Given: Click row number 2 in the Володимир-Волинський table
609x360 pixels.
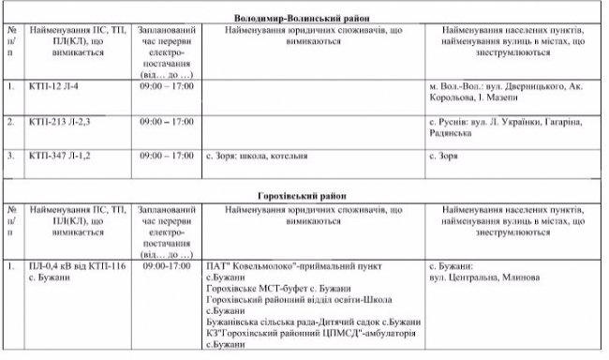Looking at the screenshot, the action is point(11,121).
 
